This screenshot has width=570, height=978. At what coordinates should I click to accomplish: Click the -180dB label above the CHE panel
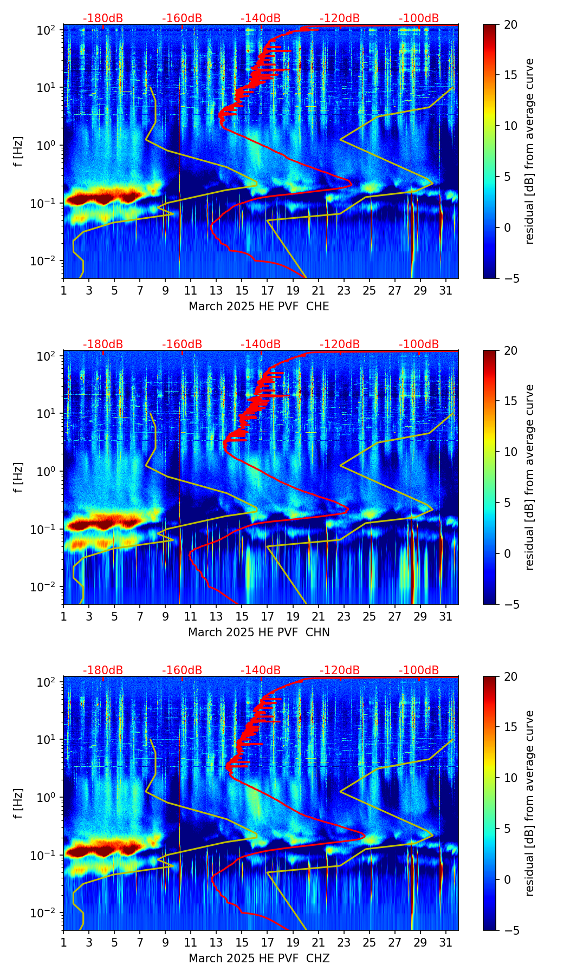tap(103, 18)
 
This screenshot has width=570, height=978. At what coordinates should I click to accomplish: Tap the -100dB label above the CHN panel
tap(419, 344)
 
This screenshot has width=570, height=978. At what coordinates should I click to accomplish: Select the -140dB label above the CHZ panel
tap(261, 670)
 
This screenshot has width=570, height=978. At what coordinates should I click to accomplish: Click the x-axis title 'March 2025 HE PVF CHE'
tap(258, 307)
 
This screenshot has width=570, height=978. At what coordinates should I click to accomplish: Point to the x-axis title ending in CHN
tap(258, 633)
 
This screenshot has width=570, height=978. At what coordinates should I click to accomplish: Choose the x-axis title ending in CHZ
tap(258, 959)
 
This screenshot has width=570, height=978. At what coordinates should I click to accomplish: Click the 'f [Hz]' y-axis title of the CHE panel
tap(18, 152)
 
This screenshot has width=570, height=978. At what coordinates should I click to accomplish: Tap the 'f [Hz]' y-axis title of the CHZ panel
tap(18, 804)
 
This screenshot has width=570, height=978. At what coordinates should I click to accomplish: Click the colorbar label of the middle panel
tap(529, 477)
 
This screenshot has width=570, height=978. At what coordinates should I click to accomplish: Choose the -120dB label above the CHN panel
tap(340, 344)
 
